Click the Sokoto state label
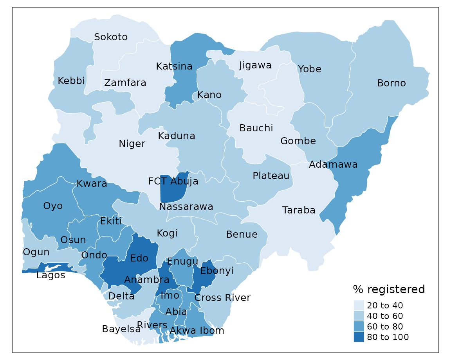tap(111, 37)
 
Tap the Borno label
tap(391, 83)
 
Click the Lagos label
tap(51, 275)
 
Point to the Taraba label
tap(299, 210)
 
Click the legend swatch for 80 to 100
tap(359, 337)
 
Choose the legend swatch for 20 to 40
tap(359, 305)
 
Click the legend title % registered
tap(388, 290)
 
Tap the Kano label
tap(209, 95)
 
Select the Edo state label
tap(139, 258)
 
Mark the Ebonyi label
tap(216, 271)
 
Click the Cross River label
tap(222, 298)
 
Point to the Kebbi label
tap(71, 81)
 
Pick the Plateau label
tap(271, 176)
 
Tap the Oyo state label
tap(53, 206)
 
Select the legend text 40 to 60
tap(385, 316)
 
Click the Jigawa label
tap(255, 65)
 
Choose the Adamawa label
tap(333, 165)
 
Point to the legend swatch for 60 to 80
tap(359, 326)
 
